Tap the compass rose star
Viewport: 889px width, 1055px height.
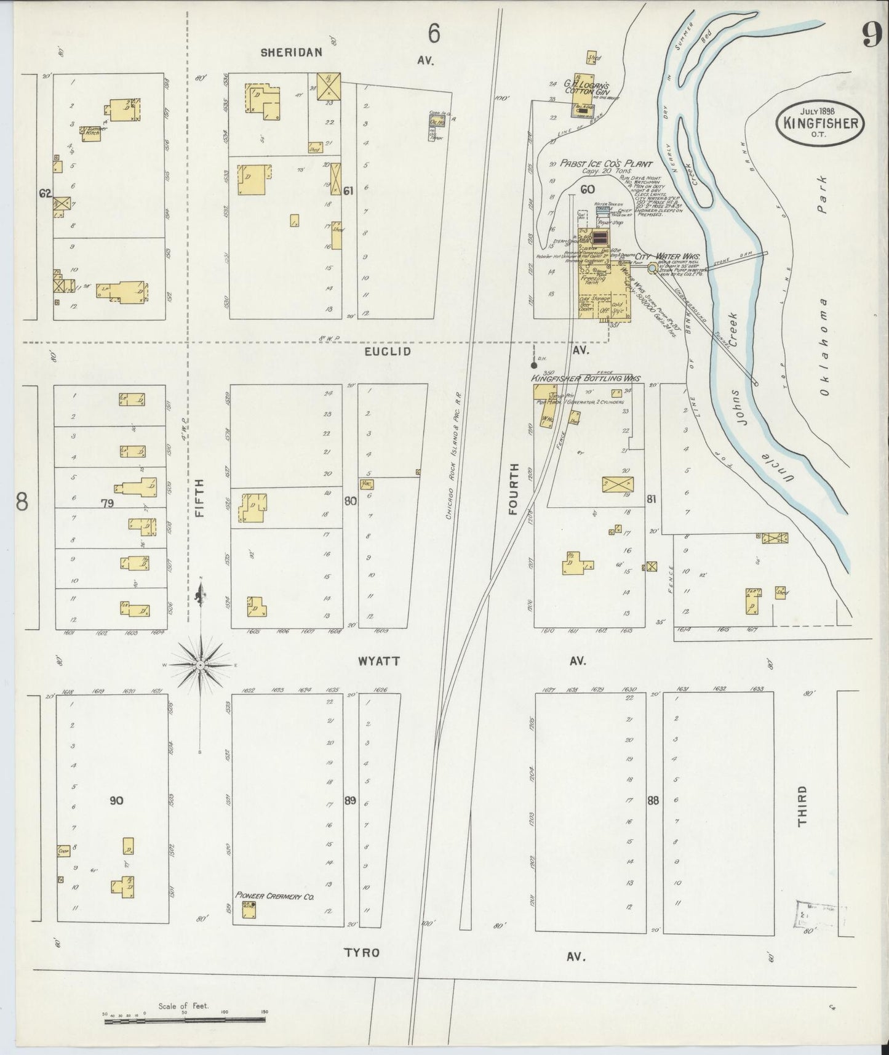[x=201, y=666]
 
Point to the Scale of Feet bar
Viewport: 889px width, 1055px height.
[x=185, y=1020]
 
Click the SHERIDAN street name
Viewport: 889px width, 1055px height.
[x=291, y=53]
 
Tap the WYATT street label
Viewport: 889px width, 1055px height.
[x=379, y=661]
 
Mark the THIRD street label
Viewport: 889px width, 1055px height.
[x=802, y=806]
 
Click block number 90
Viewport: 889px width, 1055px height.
[x=116, y=801]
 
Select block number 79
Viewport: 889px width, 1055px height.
[x=108, y=503]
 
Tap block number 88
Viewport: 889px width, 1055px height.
[x=653, y=801]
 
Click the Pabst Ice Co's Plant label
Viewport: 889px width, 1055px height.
[x=597, y=164]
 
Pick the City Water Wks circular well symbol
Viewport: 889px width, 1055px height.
[x=652, y=268]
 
